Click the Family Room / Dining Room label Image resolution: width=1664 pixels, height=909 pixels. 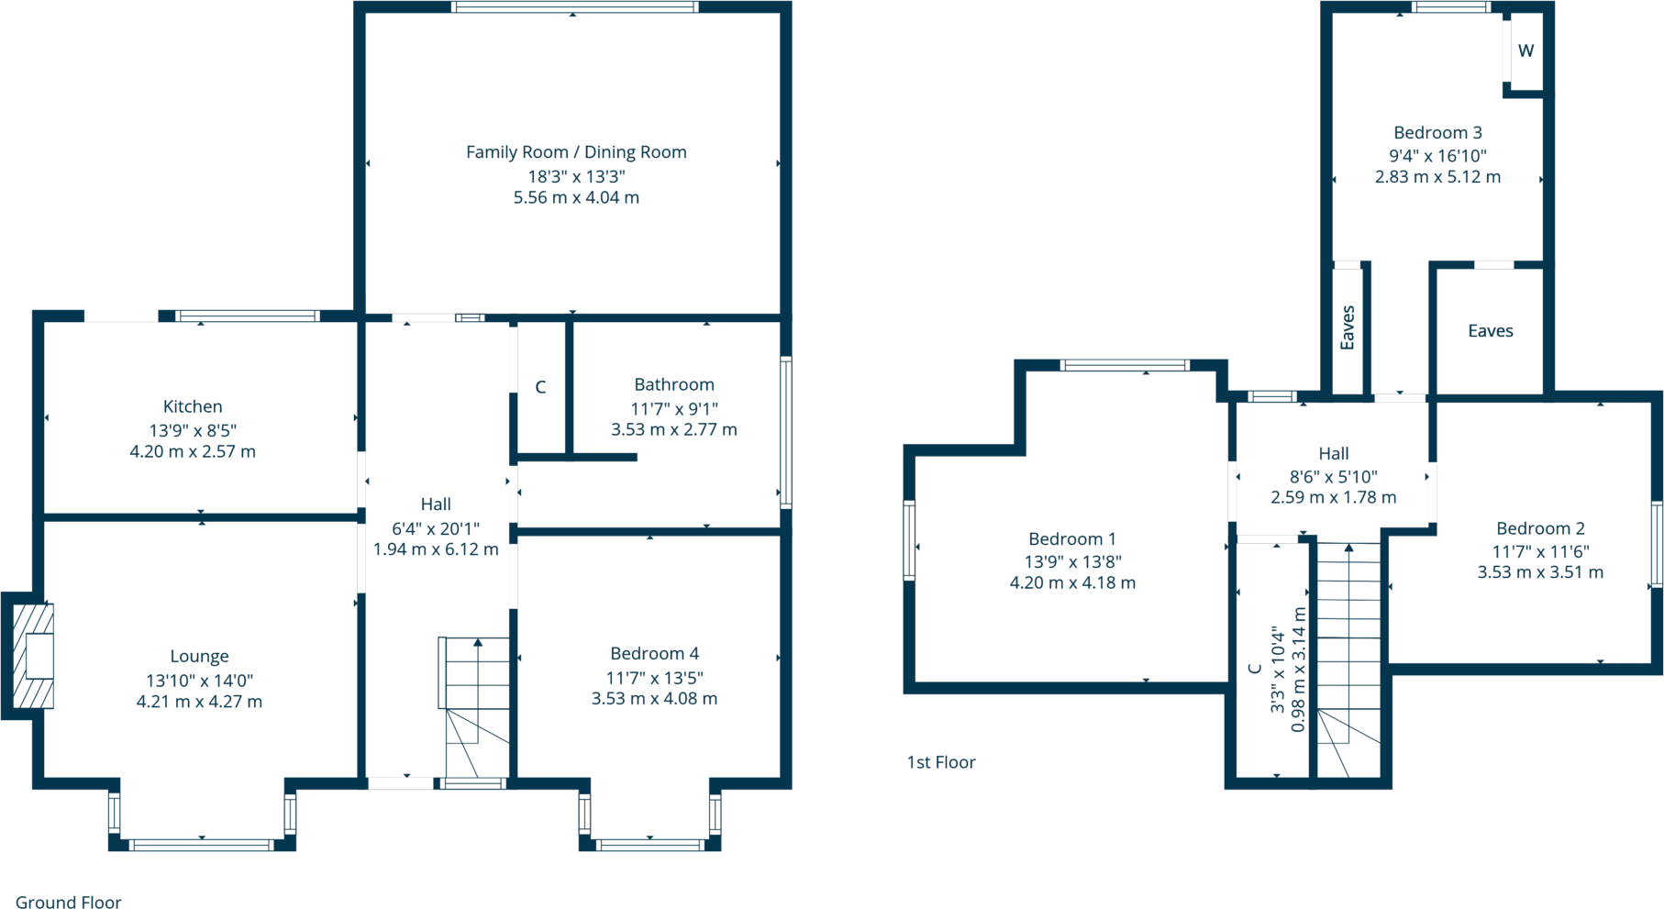pyautogui.click(x=576, y=152)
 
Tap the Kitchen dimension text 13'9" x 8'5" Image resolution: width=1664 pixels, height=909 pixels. pyautogui.click(x=193, y=430)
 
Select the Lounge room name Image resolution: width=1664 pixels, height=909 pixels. pyautogui.click(x=199, y=657)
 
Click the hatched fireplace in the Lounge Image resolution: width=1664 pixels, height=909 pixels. pyautogui.click(x=34, y=656)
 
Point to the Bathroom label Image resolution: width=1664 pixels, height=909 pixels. pyautogui.click(x=674, y=385)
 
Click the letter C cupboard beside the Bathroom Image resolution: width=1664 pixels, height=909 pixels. pyautogui.click(x=540, y=388)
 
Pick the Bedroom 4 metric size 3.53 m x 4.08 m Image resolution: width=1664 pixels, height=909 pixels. pyautogui.click(x=654, y=699)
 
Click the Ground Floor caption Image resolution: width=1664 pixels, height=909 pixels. pyautogui.click(x=69, y=903)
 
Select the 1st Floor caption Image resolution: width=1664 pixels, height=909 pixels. pyautogui.click(x=941, y=762)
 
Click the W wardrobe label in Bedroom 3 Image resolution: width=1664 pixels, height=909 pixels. pyautogui.click(x=1525, y=51)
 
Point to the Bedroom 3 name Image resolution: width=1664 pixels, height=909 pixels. pyautogui.click(x=1437, y=133)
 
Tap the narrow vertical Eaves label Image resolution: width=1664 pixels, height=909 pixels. pyautogui.click(x=1348, y=327)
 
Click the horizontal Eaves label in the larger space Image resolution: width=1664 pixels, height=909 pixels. pyautogui.click(x=1490, y=331)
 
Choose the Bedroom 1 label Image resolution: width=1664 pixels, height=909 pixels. pyautogui.click(x=1072, y=539)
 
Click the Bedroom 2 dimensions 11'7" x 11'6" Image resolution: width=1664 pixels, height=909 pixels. pyautogui.click(x=1540, y=551)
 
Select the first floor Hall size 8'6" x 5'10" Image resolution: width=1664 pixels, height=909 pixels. pyautogui.click(x=1333, y=477)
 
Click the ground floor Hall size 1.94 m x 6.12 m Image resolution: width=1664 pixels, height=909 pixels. pyautogui.click(x=436, y=549)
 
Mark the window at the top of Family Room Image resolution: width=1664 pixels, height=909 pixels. pyautogui.click(x=575, y=7)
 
